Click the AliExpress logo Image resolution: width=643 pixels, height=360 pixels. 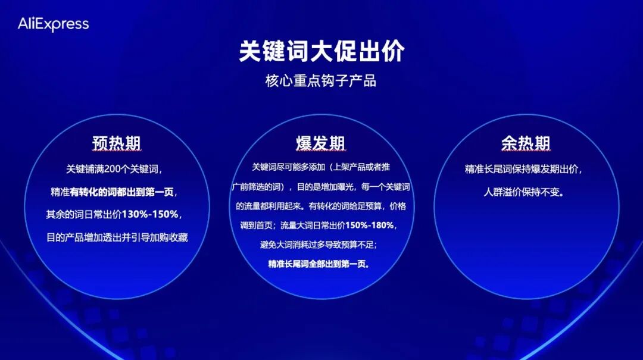53,24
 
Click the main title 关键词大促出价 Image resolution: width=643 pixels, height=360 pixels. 321,52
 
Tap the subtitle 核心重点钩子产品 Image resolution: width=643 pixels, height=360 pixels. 321,81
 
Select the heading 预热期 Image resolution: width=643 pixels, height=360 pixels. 117,144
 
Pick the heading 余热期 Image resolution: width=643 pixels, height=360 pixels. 525,144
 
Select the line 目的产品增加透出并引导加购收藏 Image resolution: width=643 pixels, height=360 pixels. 117,237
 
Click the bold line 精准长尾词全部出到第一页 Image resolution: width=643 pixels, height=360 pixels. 319,264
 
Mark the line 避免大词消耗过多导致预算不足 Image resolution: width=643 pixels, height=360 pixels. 319,245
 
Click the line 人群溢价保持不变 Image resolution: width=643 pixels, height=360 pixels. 524,192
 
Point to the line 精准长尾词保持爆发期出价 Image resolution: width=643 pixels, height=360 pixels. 524,170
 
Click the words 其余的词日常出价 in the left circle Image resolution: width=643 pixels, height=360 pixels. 83,214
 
